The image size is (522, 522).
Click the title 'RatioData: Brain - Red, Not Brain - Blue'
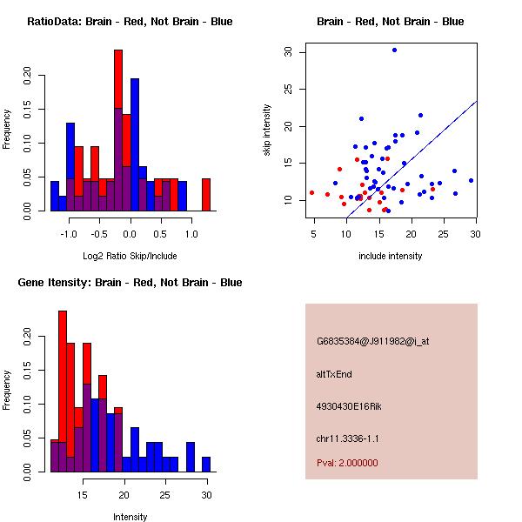[130, 22]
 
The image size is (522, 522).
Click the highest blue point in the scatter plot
[394, 50]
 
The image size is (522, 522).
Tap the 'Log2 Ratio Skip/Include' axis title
[130, 256]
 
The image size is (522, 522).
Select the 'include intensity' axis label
[390, 256]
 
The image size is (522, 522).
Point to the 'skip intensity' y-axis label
[267, 130]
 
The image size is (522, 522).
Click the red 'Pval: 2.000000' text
[347, 463]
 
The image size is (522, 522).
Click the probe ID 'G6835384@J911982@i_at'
[373, 342]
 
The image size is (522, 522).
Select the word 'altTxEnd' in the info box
[334, 374]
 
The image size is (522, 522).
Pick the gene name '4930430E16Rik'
[349, 406]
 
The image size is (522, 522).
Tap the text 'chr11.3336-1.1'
[347, 438]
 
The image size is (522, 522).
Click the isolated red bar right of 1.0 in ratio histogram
[206, 195]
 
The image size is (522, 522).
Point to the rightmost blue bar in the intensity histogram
[206, 465]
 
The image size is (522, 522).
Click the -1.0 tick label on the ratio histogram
[69, 234]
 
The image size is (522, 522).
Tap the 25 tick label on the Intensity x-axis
[165, 495]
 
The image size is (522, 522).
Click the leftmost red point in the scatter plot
[312, 193]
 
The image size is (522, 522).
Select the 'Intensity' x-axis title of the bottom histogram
[130, 517]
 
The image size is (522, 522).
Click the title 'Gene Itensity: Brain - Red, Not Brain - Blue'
[130, 283]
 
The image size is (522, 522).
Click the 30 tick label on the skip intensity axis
[288, 52]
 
